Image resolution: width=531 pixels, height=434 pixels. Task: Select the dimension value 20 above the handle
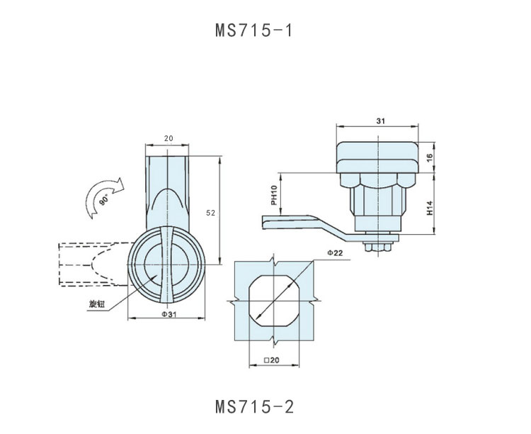tap(168, 139)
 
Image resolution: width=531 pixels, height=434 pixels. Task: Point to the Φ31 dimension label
tap(168, 315)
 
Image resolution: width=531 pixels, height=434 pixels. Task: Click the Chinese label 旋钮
tap(97, 304)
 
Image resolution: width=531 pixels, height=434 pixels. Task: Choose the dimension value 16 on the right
tap(430, 157)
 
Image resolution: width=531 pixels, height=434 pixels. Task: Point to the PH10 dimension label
tap(273, 195)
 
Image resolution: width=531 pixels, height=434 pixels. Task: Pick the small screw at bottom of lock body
tap(377, 247)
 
